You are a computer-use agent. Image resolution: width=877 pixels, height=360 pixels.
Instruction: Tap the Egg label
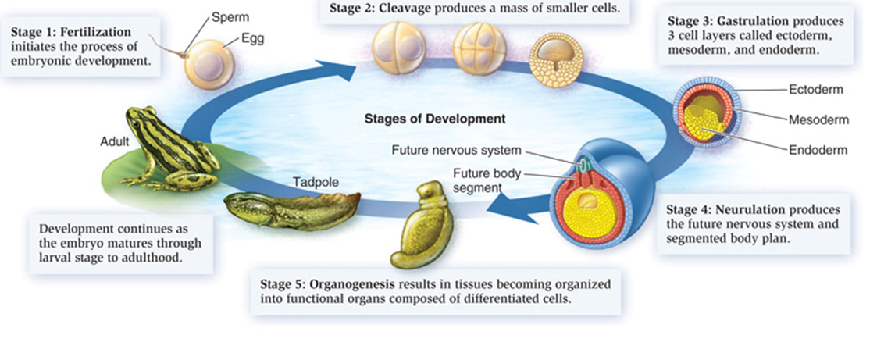[253, 40]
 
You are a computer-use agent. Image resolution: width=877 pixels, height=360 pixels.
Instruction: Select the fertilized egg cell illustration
[210, 64]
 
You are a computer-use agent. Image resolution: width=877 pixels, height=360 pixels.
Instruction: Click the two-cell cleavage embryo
[398, 48]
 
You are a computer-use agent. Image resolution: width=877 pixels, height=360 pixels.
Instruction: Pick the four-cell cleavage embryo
[479, 48]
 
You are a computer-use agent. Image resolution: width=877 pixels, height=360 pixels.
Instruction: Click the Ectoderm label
[815, 90]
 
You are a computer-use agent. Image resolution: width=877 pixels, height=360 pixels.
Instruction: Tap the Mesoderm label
[818, 120]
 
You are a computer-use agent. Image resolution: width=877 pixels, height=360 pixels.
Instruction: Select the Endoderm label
[818, 150]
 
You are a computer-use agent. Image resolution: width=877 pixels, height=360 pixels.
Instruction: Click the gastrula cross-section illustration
[707, 113]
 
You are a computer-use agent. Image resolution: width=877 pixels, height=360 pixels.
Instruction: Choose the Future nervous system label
[456, 151]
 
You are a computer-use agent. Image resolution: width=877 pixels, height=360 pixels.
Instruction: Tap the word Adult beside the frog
[115, 142]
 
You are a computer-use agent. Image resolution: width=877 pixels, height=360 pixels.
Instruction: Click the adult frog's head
[139, 119]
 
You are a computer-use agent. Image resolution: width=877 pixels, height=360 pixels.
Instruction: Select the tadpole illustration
[293, 211]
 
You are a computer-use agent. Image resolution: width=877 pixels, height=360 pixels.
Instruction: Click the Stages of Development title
[435, 119]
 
